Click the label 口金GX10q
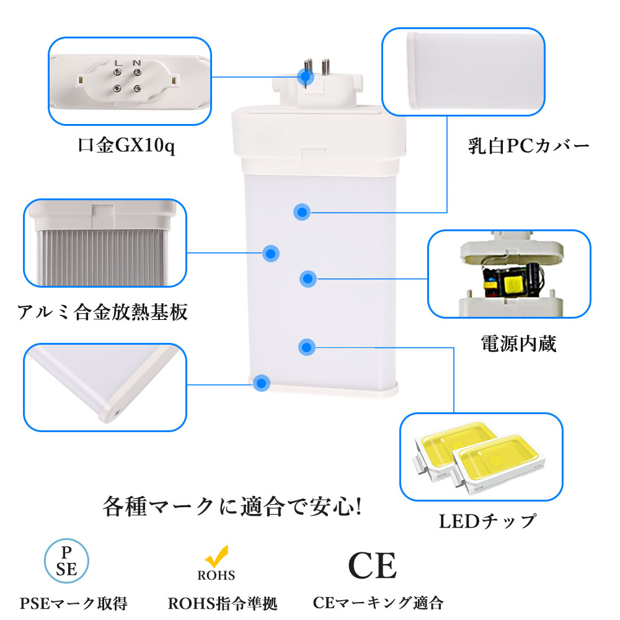126,146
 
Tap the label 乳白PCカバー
529,146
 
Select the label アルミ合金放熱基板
102,312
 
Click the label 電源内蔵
519,343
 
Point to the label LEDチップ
488,521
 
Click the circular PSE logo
66,560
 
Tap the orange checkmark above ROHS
216,556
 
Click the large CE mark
372,565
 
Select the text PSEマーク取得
74,603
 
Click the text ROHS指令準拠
223,603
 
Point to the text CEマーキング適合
378,603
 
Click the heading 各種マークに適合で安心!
232,506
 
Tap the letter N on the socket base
137,63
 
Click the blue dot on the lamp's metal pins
306,76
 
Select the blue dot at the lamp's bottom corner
262,383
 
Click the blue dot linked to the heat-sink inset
271,254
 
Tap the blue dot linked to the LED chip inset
307,347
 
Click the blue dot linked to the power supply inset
308,279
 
